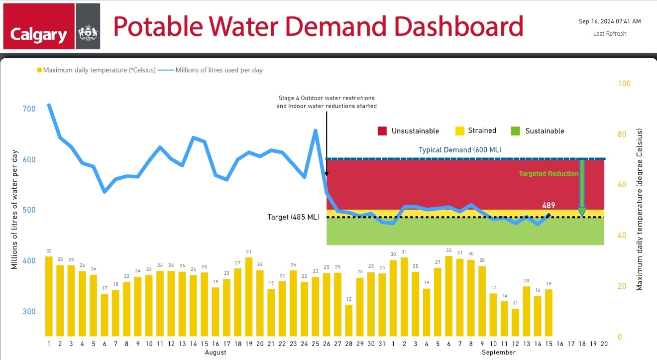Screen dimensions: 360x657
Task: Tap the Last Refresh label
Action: point(610,34)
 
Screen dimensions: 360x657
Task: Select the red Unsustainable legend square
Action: point(382,131)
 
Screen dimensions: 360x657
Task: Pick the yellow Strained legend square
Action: point(460,131)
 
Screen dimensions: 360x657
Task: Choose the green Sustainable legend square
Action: point(516,131)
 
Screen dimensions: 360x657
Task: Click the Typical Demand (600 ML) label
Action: point(460,150)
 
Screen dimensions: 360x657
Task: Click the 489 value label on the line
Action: point(549,205)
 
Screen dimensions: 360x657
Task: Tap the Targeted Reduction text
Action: point(548,174)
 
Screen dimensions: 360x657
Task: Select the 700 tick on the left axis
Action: point(29,109)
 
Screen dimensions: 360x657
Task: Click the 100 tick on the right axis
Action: point(624,83)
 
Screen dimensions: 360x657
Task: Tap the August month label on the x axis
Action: point(215,353)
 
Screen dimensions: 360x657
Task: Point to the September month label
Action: point(499,353)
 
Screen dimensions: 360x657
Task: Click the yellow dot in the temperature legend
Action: point(39,70)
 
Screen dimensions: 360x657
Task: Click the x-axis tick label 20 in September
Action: point(604,344)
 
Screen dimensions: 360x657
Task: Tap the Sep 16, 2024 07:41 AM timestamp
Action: point(610,21)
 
